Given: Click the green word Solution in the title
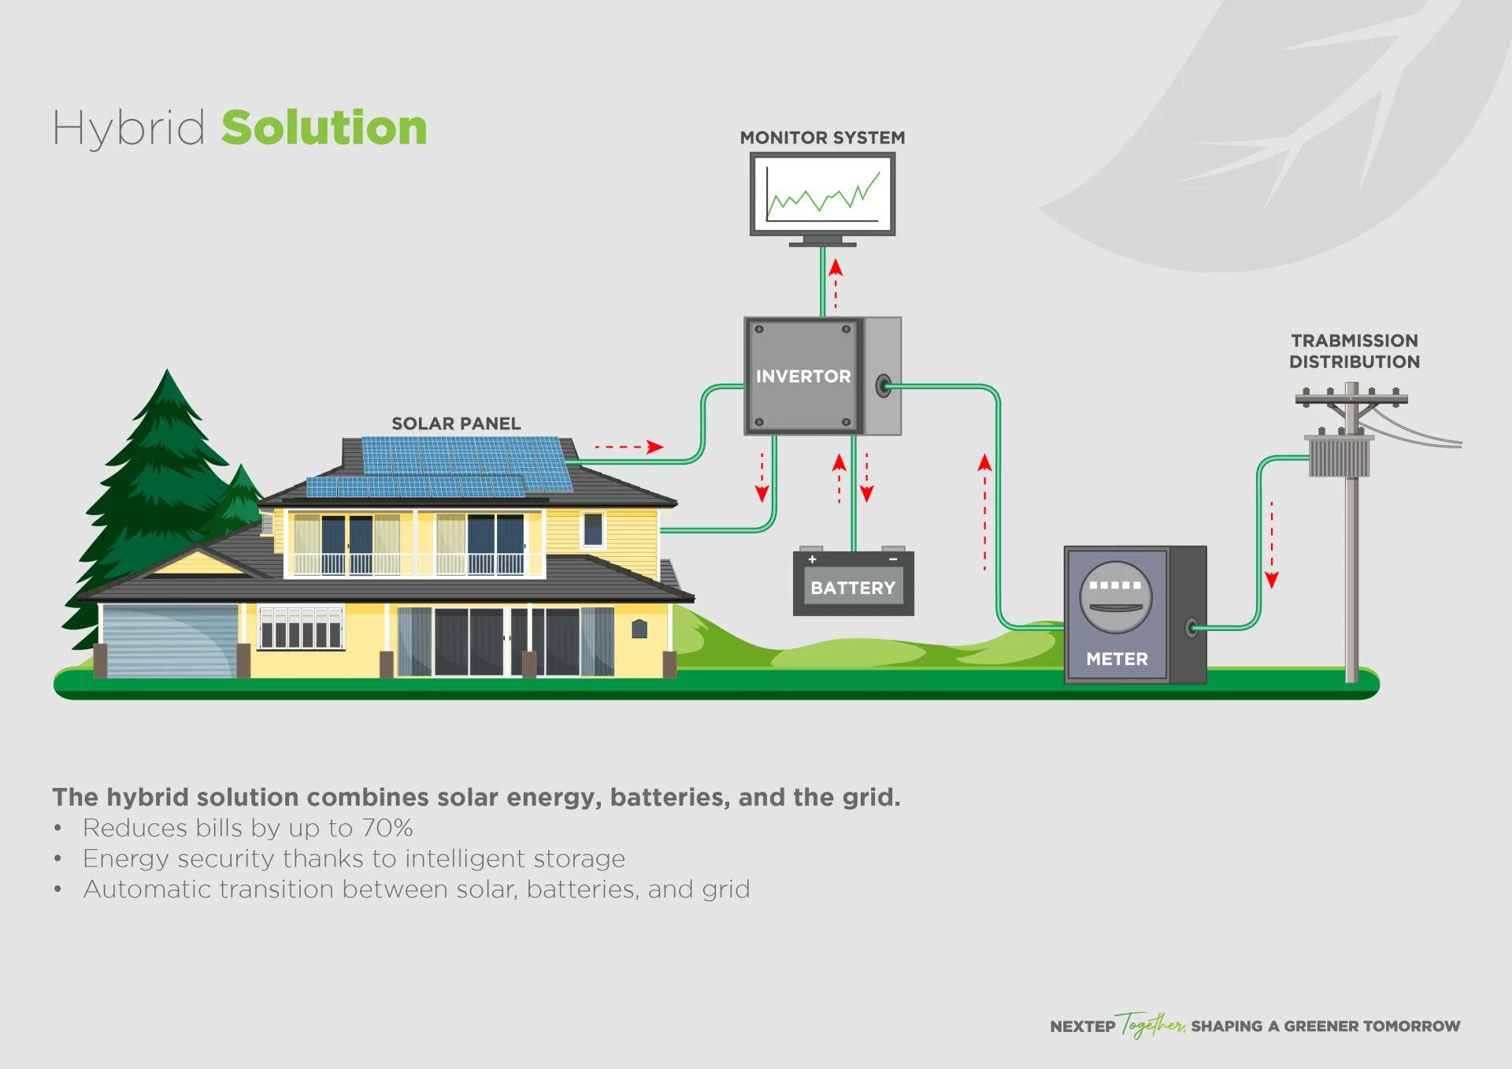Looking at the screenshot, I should point(324,128).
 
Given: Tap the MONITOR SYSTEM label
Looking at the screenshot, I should point(822,138).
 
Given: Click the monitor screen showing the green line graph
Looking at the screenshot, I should point(822,194).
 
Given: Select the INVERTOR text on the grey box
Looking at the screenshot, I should point(802,377).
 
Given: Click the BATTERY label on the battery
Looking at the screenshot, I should point(853,588).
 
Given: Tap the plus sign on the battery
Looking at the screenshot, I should point(812,559).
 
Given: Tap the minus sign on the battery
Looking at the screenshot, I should point(893,559).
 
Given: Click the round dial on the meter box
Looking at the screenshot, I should point(1115,597).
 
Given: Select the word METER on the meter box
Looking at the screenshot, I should point(1117,659).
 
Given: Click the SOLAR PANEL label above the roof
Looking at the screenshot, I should point(456,424).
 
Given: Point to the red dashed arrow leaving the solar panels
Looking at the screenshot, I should point(630,447).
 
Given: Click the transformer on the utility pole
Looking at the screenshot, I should point(1339,457).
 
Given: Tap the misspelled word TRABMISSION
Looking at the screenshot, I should point(1354,341).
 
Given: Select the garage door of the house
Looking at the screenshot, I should point(169,640).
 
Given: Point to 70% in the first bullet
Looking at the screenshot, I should point(387,828).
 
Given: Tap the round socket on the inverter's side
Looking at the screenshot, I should point(884,386).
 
